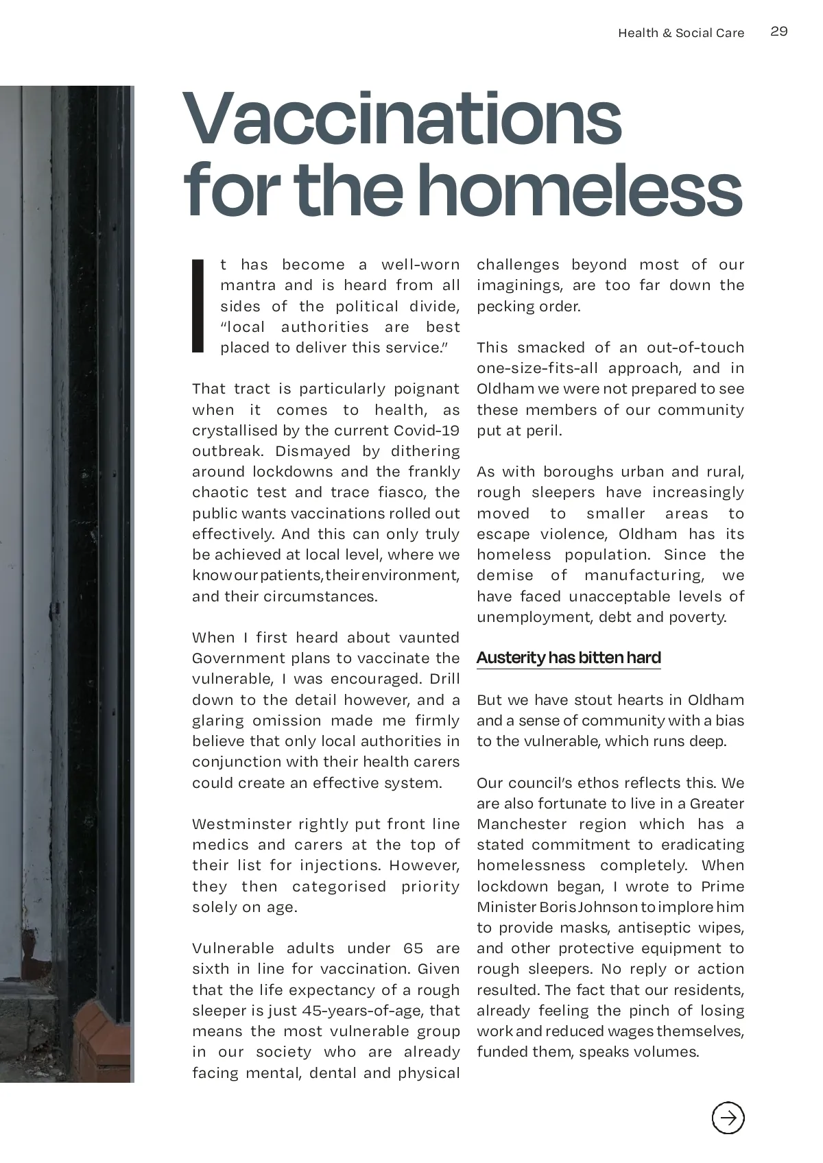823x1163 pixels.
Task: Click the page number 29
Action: tap(779, 32)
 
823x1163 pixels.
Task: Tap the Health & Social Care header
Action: tap(680, 33)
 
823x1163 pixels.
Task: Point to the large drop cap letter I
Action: tap(198, 306)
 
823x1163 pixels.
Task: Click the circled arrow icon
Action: tap(728, 1118)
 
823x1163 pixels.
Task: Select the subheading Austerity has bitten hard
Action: tap(569, 658)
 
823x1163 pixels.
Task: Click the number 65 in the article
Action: tap(414, 948)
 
